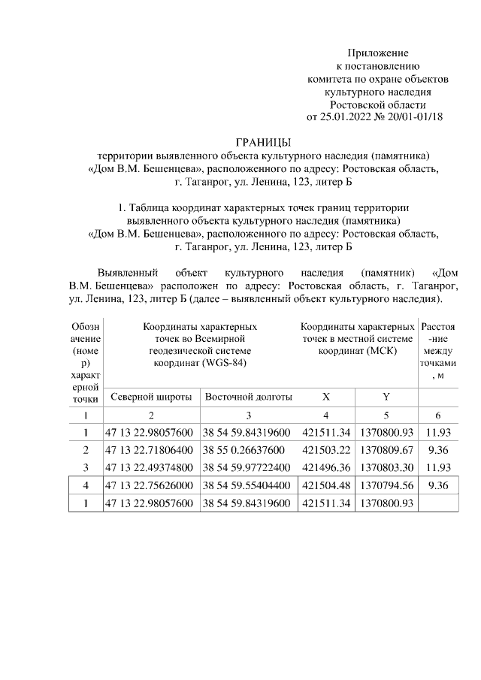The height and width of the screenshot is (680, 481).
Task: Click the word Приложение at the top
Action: (x=377, y=53)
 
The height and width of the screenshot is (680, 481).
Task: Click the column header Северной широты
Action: (x=151, y=397)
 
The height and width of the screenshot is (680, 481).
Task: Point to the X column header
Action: (x=325, y=397)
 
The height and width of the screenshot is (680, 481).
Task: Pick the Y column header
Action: (x=386, y=397)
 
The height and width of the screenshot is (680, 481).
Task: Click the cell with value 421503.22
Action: (x=326, y=450)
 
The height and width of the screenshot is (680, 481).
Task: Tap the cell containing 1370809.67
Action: (x=386, y=450)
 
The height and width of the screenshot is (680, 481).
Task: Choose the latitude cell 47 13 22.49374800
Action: (x=150, y=467)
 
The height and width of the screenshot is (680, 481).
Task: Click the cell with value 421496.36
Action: (x=326, y=467)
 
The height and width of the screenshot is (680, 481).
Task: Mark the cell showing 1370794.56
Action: (x=386, y=485)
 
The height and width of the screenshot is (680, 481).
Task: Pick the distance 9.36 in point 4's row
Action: (x=437, y=485)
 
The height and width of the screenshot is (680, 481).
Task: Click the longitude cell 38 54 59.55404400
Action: (x=247, y=485)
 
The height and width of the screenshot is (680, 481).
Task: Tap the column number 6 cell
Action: (x=437, y=415)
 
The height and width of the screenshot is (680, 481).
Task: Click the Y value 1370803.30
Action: (x=386, y=467)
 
